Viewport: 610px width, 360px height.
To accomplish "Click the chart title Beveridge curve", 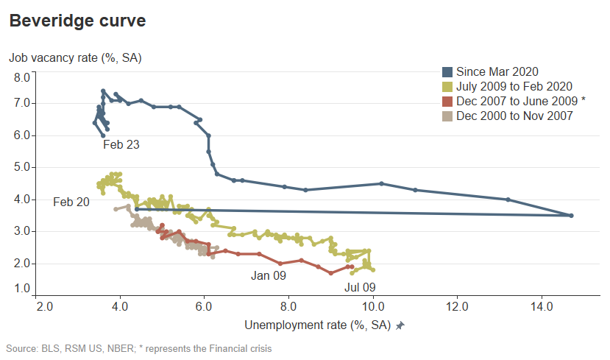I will click(x=77, y=21).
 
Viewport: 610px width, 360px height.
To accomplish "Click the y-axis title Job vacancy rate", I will click(x=75, y=57).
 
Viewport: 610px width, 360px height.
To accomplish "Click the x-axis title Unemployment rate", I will click(x=317, y=325).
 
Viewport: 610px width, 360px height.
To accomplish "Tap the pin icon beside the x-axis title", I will click(x=400, y=325).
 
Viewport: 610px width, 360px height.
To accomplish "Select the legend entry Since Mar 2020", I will click(x=497, y=71).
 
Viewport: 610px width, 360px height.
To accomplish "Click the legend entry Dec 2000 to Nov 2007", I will click(x=514, y=116).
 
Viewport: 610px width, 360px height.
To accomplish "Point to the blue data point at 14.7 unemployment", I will click(x=571, y=215).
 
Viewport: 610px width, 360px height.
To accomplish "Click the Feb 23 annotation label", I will click(x=121, y=145).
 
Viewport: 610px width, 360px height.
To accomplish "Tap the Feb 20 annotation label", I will click(x=71, y=201).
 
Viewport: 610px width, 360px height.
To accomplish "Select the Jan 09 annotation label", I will click(x=268, y=275).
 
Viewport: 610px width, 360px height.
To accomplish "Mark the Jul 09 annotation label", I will click(x=361, y=287).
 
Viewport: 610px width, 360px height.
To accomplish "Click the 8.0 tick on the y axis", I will click(x=21, y=77).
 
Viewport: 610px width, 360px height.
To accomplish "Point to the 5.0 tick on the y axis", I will click(x=21, y=167).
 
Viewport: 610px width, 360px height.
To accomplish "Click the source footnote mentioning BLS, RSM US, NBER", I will click(x=139, y=347).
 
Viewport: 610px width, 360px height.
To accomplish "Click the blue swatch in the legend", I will click(x=447, y=71).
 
